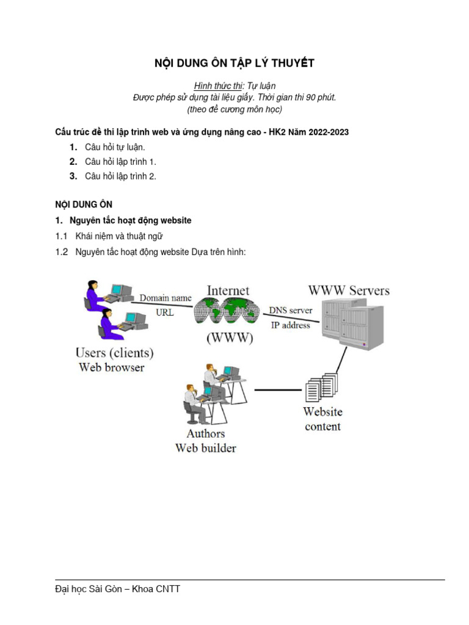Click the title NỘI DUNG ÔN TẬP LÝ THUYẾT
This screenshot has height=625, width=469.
[234, 63]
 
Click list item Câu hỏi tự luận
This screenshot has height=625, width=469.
[115, 147]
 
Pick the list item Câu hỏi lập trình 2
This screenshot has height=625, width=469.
[121, 176]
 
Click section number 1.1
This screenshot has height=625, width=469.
[61, 236]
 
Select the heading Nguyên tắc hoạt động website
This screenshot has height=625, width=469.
[131, 220]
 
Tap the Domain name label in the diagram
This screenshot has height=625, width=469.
[165, 298]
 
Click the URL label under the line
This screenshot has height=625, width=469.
[165, 312]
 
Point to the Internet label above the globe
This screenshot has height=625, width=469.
[228, 290]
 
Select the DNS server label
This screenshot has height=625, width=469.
[291, 311]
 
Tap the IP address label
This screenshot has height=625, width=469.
[290, 325]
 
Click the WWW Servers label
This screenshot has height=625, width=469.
[349, 290]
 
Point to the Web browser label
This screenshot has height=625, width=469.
[112, 367]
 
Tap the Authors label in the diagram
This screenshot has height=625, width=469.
[206, 433]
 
